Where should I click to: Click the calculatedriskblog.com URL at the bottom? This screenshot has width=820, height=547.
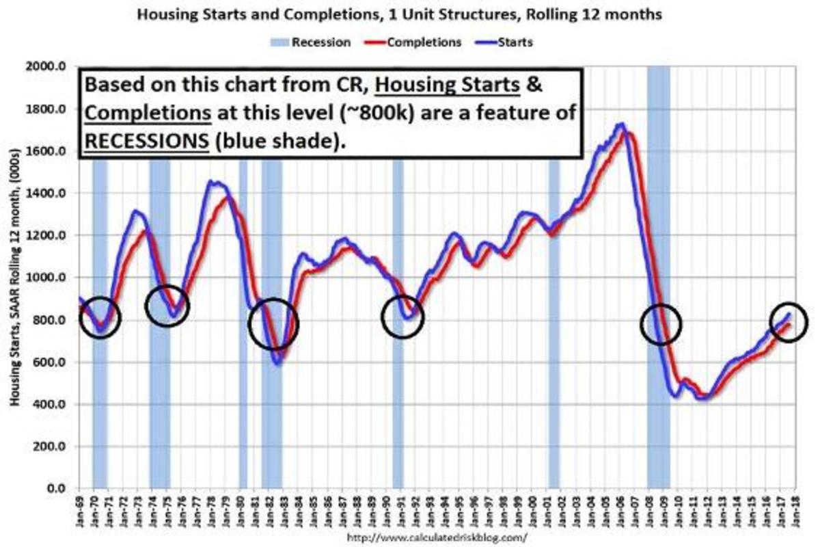[x=437, y=537]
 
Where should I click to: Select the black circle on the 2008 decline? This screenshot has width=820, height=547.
[x=661, y=323]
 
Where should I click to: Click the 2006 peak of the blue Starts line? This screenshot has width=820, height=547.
[x=620, y=125]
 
